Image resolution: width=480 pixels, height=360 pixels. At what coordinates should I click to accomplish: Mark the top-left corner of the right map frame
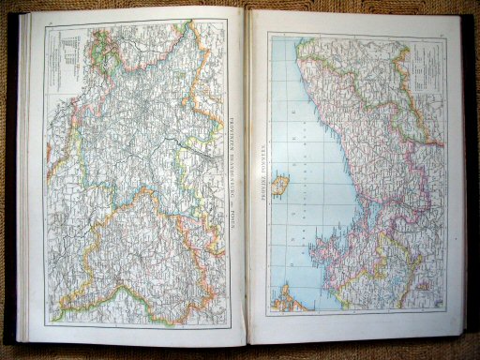[268, 35]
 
